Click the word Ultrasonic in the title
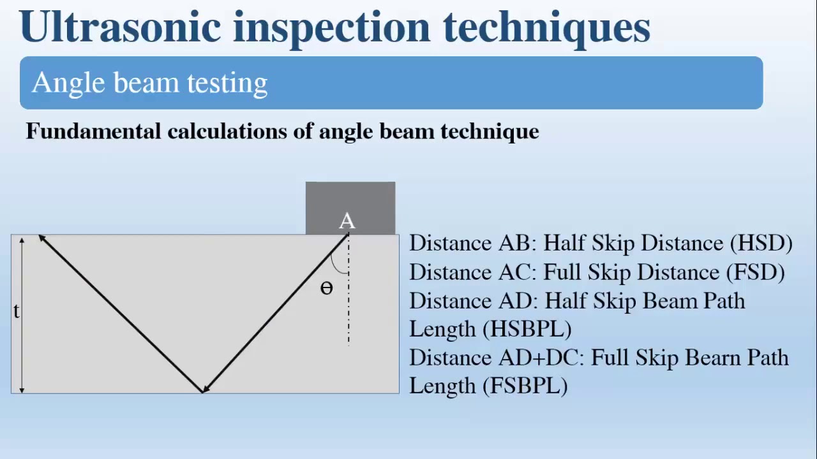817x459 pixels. (120, 27)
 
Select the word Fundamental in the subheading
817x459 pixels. (93, 131)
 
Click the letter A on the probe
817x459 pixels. (347, 221)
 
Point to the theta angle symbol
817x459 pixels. (326, 289)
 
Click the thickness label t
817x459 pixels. (16, 311)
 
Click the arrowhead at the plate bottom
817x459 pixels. (204, 389)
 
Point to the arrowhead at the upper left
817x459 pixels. (42, 238)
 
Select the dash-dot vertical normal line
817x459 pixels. (349, 300)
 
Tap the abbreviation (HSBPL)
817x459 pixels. (527, 329)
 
